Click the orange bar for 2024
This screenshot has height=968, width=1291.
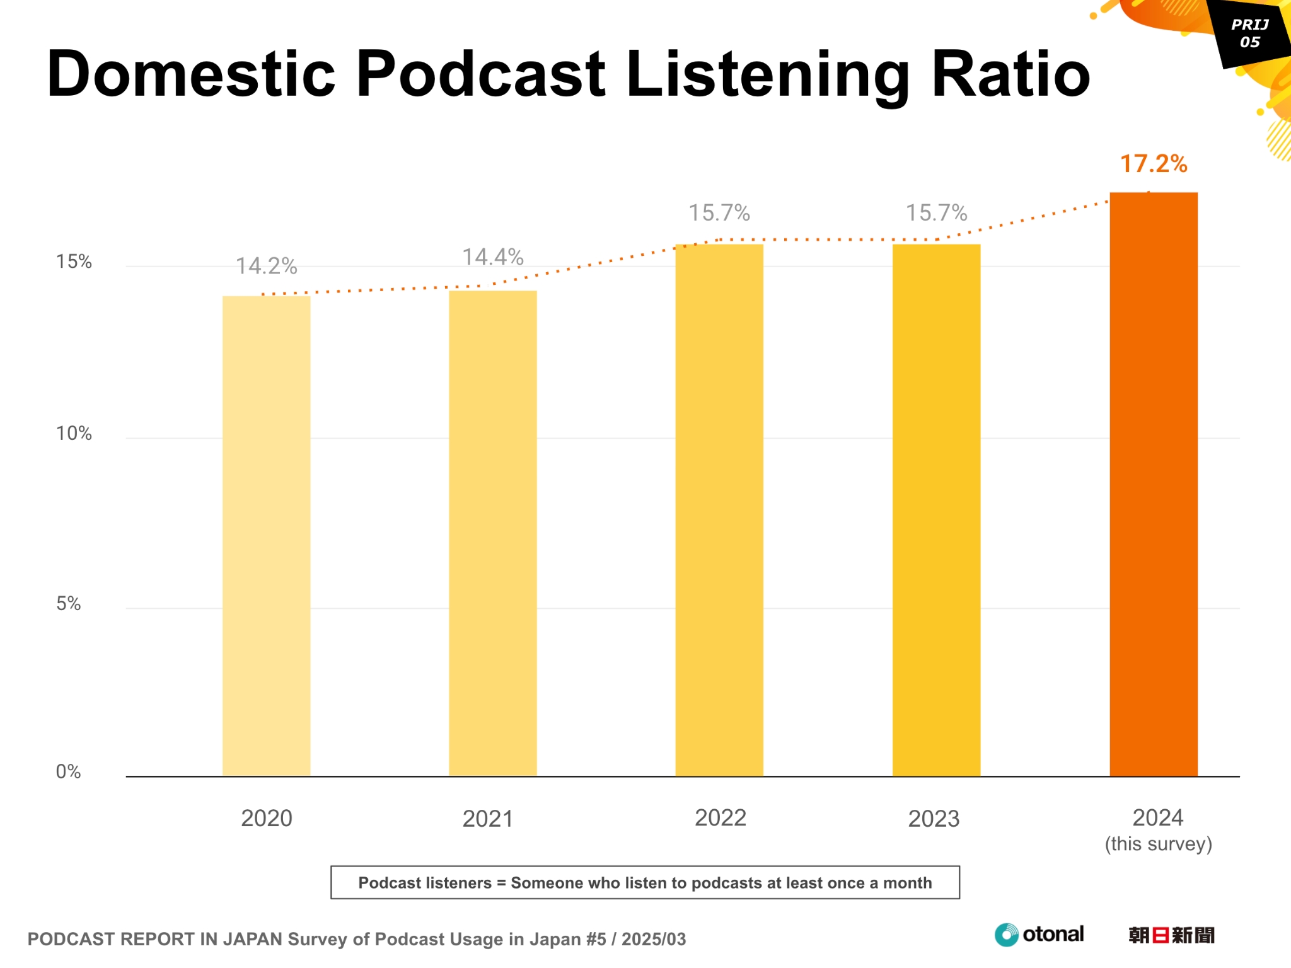(x=1153, y=485)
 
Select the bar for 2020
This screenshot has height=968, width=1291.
(x=266, y=536)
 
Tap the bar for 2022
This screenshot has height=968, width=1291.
(x=719, y=510)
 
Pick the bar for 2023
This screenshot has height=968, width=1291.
(x=936, y=510)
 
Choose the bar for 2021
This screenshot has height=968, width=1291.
(x=492, y=533)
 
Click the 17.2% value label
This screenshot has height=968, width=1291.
(x=1153, y=164)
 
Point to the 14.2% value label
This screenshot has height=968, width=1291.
(x=266, y=266)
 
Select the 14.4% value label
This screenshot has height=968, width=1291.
(x=492, y=257)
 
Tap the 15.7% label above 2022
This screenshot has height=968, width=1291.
(x=719, y=213)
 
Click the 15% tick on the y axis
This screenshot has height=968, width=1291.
(x=74, y=262)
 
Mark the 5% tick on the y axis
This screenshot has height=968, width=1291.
(x=68, y=604)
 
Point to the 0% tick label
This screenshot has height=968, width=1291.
(x=68, y=771)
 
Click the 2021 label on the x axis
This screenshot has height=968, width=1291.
(x=487, y=819)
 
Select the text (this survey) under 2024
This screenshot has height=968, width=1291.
(x=1158, y=844)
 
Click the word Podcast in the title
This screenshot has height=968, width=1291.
(x=480, y=74)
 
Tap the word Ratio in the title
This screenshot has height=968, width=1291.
(x=1010, y=74)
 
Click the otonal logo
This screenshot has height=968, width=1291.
(x=1039, y=934)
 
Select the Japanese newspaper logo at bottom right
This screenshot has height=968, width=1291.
(x=1171, y=935)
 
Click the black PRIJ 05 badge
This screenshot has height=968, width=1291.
(x=1250, y=33)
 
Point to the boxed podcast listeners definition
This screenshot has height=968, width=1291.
(x=645, y=882)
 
